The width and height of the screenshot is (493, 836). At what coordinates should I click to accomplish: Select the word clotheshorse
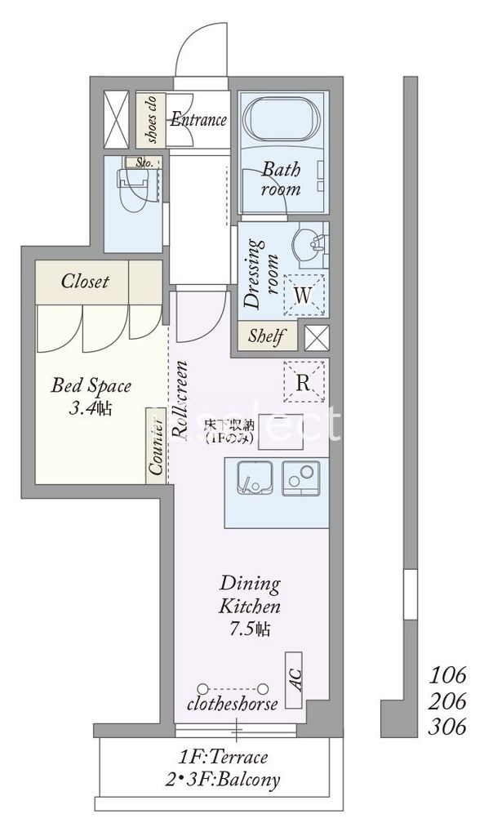(x=233, y=704)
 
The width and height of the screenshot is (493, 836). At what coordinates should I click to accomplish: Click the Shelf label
(x=266, y=336)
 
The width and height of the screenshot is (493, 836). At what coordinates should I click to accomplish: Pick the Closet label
(x=85, y=282)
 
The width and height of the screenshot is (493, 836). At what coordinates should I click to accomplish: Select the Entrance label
(x=198, y=120)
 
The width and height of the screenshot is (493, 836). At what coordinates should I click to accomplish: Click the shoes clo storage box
(x=152, y=120)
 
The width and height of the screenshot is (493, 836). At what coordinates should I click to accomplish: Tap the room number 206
(x=447, y=700)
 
